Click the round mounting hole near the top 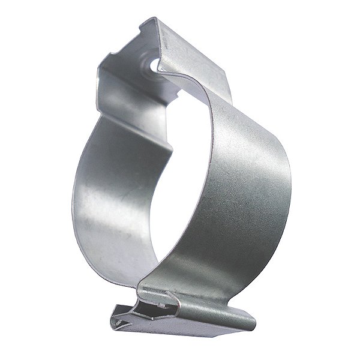tap(154, 62)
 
